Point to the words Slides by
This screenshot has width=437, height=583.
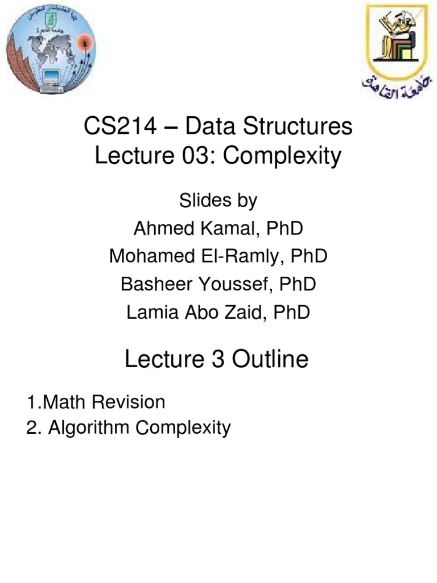(x=218, y=200)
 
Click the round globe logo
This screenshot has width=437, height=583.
(x=51, y=47)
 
